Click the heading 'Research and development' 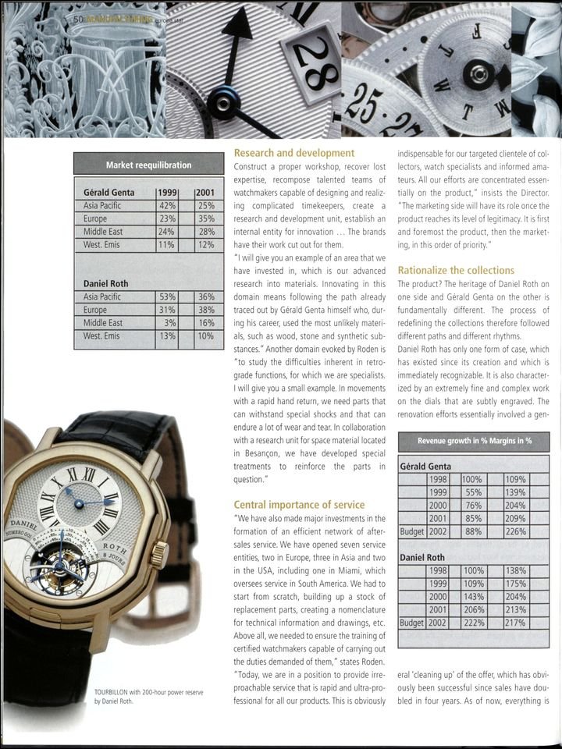(x=294, y=154)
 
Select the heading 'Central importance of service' (x=301, y=504)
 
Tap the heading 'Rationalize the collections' (x=456, y=270)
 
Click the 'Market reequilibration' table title (x=148, y=164)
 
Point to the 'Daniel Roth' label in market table (x=107, y=283)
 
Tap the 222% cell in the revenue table (x=471, y=623)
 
